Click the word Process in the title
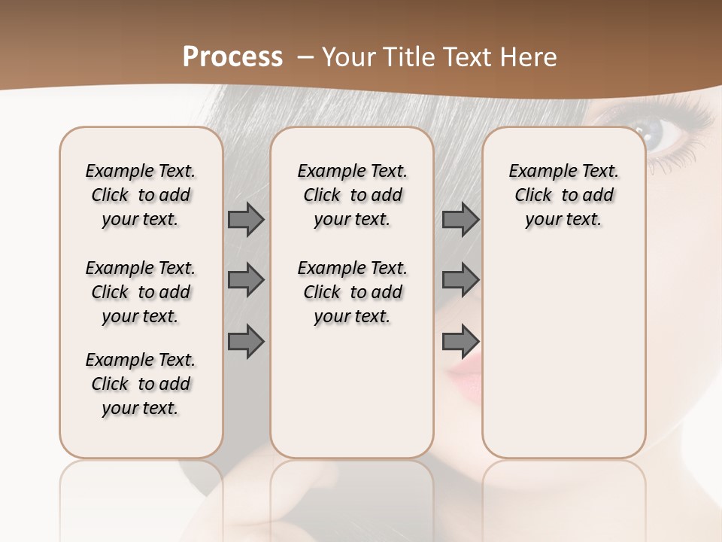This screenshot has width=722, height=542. [x=232, y=57]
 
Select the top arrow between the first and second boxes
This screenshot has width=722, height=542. [x=246, y=220]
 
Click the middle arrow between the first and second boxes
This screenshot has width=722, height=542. [x=246, y=280]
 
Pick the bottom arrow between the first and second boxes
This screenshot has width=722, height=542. [x=246, y=342]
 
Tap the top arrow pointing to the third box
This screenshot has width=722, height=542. [x=460, y=220]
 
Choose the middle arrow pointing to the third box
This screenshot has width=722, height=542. [x=460, y=280]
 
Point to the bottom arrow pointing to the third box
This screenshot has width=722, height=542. [x=460, y=342]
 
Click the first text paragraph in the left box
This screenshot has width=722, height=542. [x=141, y=195]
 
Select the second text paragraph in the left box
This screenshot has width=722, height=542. [x=141, y=292]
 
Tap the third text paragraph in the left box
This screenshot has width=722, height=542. [x=141, y=384]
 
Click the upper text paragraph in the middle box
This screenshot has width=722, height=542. [x=352, y=195]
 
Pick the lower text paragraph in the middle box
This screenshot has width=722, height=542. [x=352, y=292]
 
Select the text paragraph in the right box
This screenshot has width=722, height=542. [x=564, y=195]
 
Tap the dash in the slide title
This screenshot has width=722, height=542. [x=305, y=57]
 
